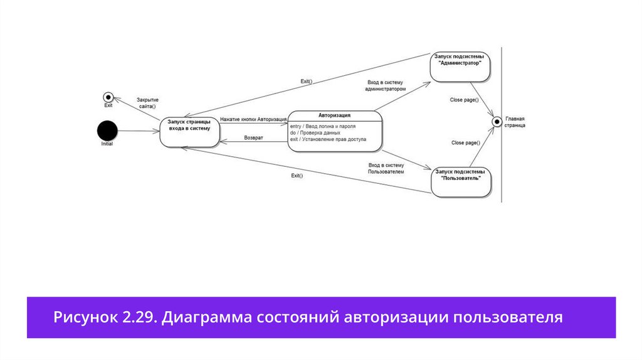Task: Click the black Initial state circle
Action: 107,130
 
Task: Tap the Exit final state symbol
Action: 108,97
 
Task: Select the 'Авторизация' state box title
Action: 334,115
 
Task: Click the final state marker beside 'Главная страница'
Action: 497,121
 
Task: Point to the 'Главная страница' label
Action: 515,122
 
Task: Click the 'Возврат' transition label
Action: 253,137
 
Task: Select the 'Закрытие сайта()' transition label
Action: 147,103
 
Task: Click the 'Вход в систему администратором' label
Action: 386,86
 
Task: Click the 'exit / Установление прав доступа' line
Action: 327,139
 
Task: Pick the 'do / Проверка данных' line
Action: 315,133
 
